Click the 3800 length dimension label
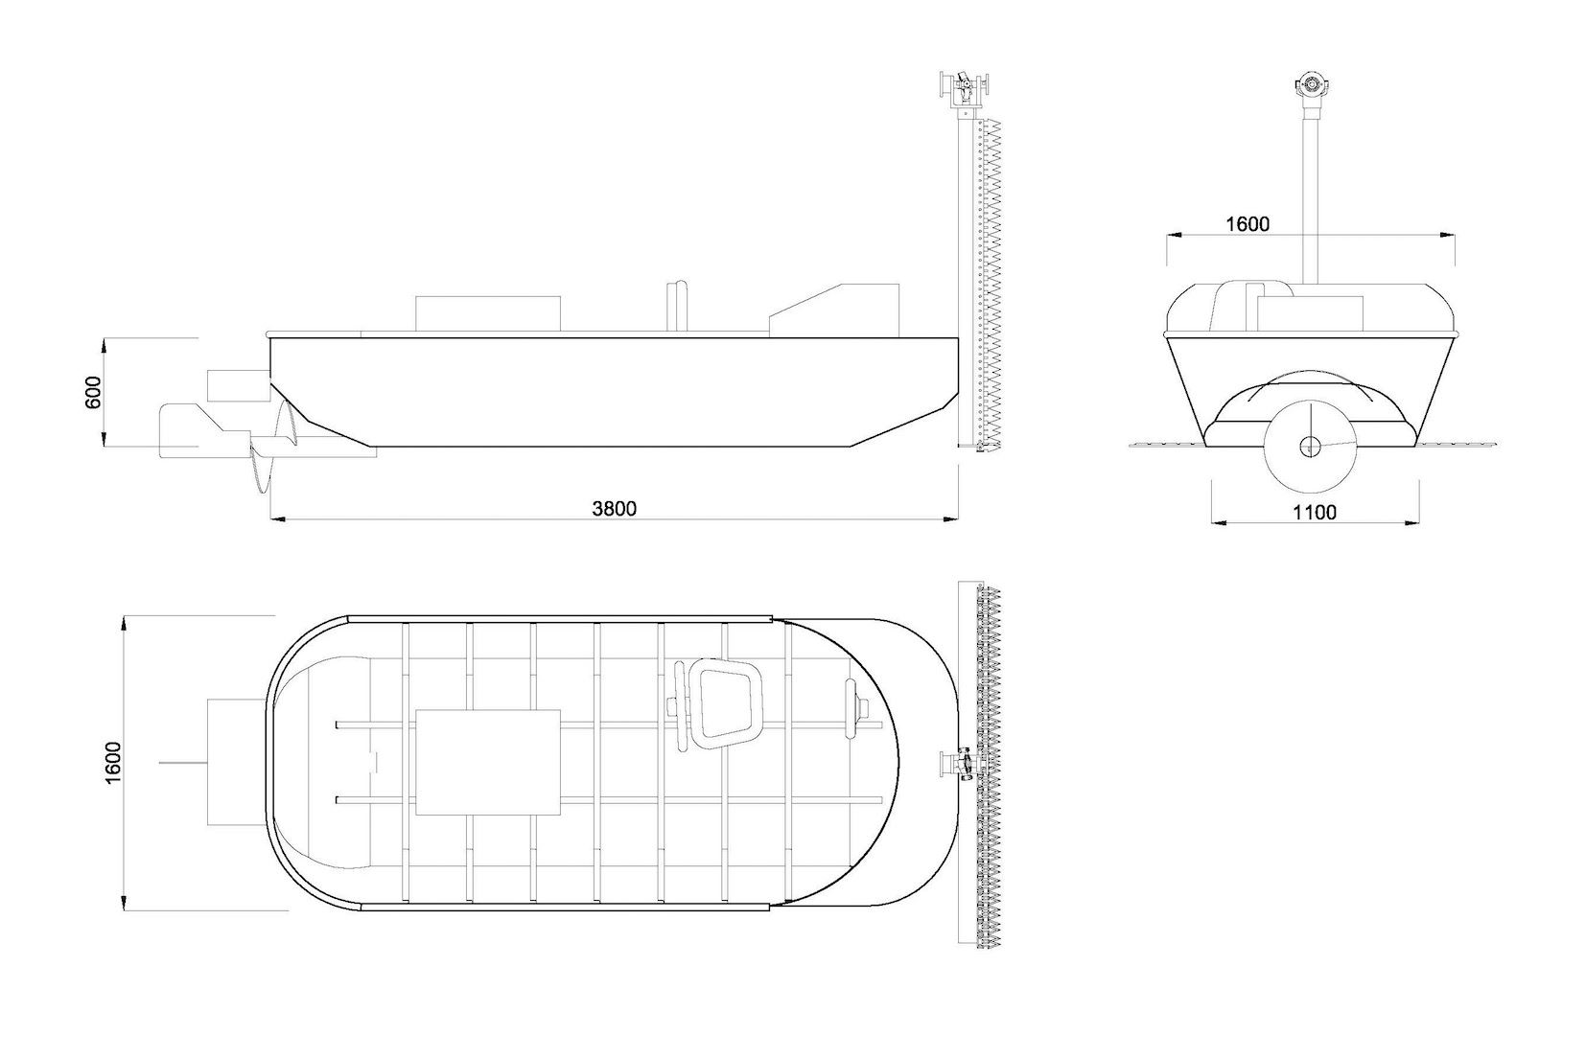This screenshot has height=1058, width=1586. tap(614, 508)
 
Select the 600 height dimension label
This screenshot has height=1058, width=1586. tap(93, 392)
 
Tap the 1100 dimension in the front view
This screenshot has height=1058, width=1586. tap(1314, 512)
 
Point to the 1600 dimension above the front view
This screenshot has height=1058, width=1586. tap(1248, 223)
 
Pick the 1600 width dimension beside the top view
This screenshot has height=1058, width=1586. tap(113, 762)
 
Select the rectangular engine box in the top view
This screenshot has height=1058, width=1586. tap(488, 762)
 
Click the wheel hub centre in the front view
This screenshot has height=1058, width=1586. tap(1310, 446)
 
